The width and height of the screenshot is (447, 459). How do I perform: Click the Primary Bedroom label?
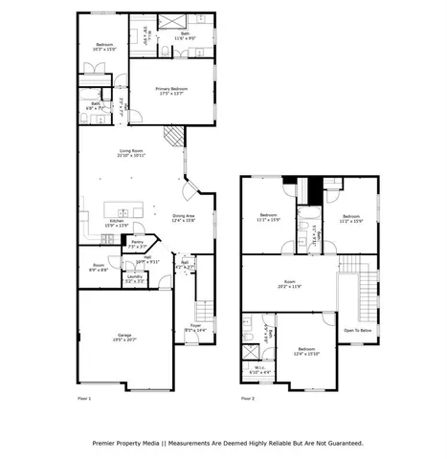[x=171, y=90]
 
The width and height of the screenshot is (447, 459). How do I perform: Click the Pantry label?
[x=137, y=244]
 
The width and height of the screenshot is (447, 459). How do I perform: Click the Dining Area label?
[x=184, y=218]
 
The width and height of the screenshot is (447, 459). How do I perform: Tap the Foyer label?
[x=195, y=327]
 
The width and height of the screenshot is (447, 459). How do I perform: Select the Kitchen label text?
[x=117, y=223]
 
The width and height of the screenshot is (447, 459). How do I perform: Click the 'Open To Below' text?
[x=357, y=331]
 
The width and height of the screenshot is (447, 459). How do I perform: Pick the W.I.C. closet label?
[x=259, y=370]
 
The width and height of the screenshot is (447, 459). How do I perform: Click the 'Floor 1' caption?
[x=84, y=398]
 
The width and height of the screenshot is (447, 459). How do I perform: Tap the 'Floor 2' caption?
[x=247, y=398]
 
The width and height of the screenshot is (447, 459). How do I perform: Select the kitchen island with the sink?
[x=123, y=208]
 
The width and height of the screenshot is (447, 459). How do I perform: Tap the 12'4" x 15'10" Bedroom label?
[x=306, y=352]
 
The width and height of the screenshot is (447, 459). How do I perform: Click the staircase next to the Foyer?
[x=202, y=310]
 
